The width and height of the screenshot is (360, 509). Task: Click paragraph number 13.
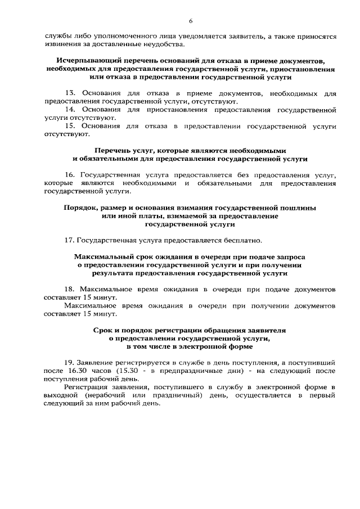[x=70, y=92]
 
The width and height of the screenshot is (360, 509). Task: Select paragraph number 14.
[x=70, y=109]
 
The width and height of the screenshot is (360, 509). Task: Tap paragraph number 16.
[x=70, y=175]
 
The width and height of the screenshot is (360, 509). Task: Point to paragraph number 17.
[x=70, y=241]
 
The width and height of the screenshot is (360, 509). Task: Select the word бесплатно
[x=241, y=241]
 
